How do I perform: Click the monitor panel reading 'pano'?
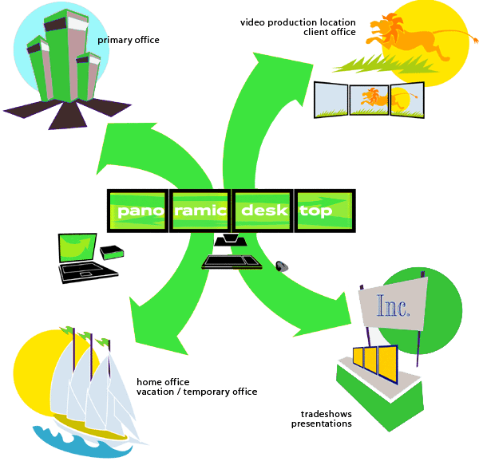click(138, 211)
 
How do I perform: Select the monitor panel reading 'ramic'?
click(200, 211)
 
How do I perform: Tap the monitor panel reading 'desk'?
click(263, 211)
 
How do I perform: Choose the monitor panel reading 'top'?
click(323, 211)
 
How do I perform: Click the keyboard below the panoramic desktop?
click(232, 262)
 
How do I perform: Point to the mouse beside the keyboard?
click(283, 266)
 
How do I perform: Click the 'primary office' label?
click(129, 40)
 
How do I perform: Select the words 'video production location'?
click(299, 22)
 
